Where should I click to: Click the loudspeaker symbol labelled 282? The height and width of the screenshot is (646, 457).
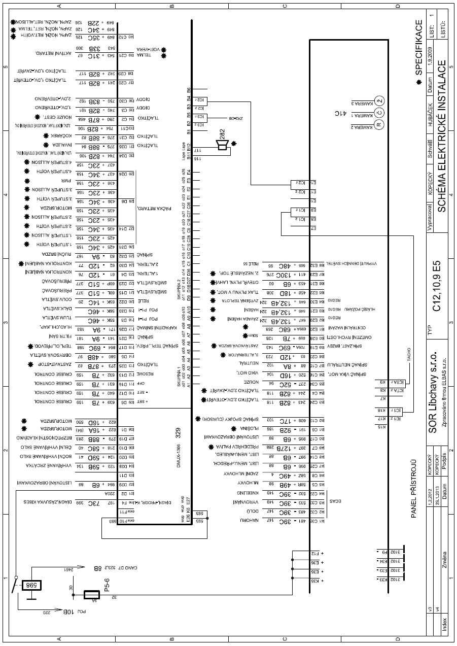pos(222,146)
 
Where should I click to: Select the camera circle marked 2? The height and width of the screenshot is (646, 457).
pos(381,99)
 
